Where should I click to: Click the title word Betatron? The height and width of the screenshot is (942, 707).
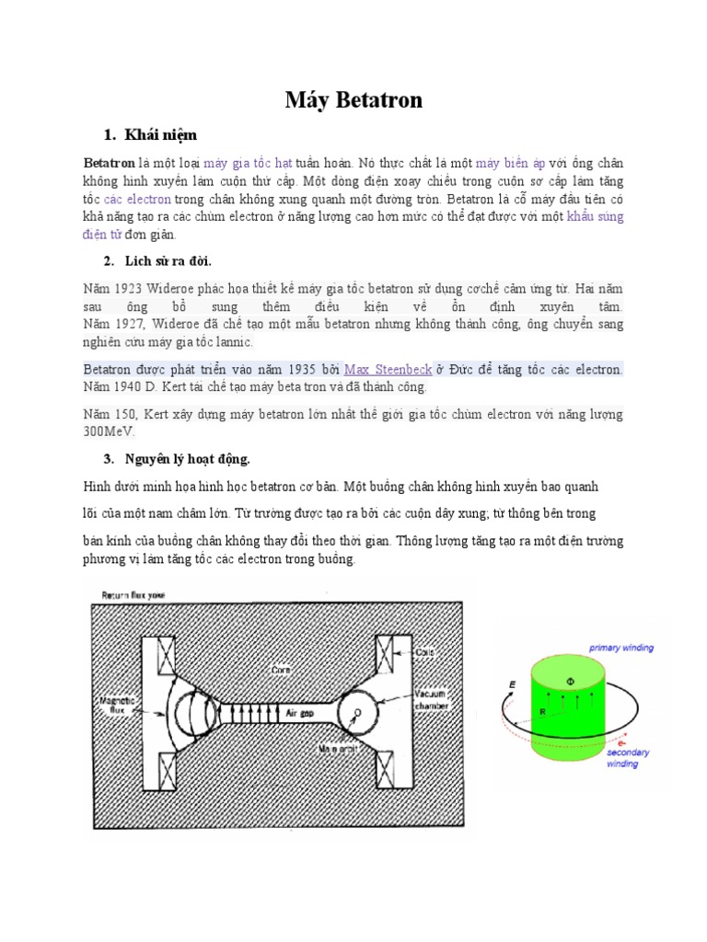click(x=377, y=100)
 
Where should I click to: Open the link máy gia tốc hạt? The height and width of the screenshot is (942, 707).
click(x=248, y=163)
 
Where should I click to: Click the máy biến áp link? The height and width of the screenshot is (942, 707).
click(x=511, y=163)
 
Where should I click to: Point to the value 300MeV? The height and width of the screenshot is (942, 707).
click(x=109, y=431)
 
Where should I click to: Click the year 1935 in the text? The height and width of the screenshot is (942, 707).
click(x=284, y=370)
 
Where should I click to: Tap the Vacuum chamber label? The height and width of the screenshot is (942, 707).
click(x=432, y=699)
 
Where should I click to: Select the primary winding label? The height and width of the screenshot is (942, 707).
click(x=621, y=648)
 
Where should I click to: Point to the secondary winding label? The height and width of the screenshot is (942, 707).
click(x=627, y=757)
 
